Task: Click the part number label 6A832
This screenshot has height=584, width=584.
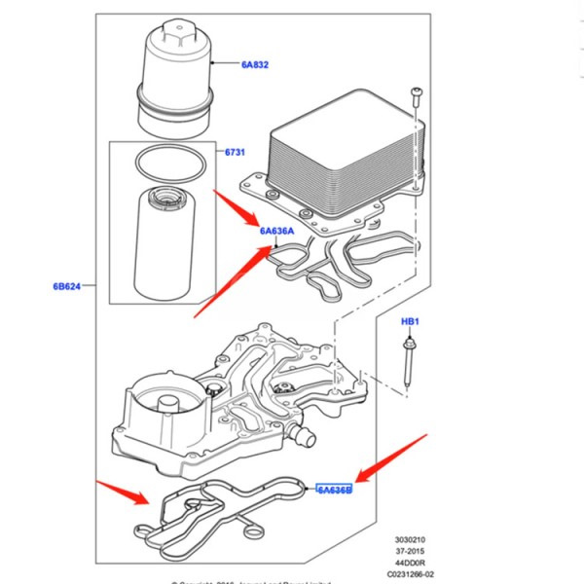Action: tap(255, 64)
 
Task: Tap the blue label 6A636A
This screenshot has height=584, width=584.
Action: tap(276, 231)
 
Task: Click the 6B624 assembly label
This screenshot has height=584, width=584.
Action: tap(68, 286)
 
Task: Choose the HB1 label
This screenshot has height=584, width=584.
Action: tap(410, 321)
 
